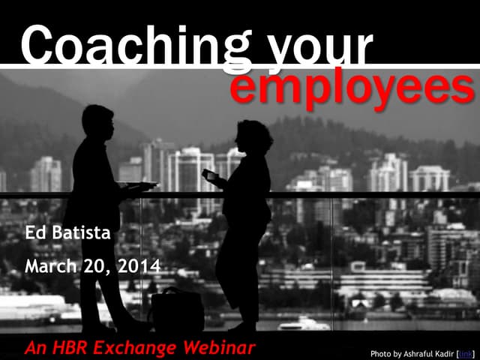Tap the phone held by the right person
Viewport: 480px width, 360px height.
pos(208,175)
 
